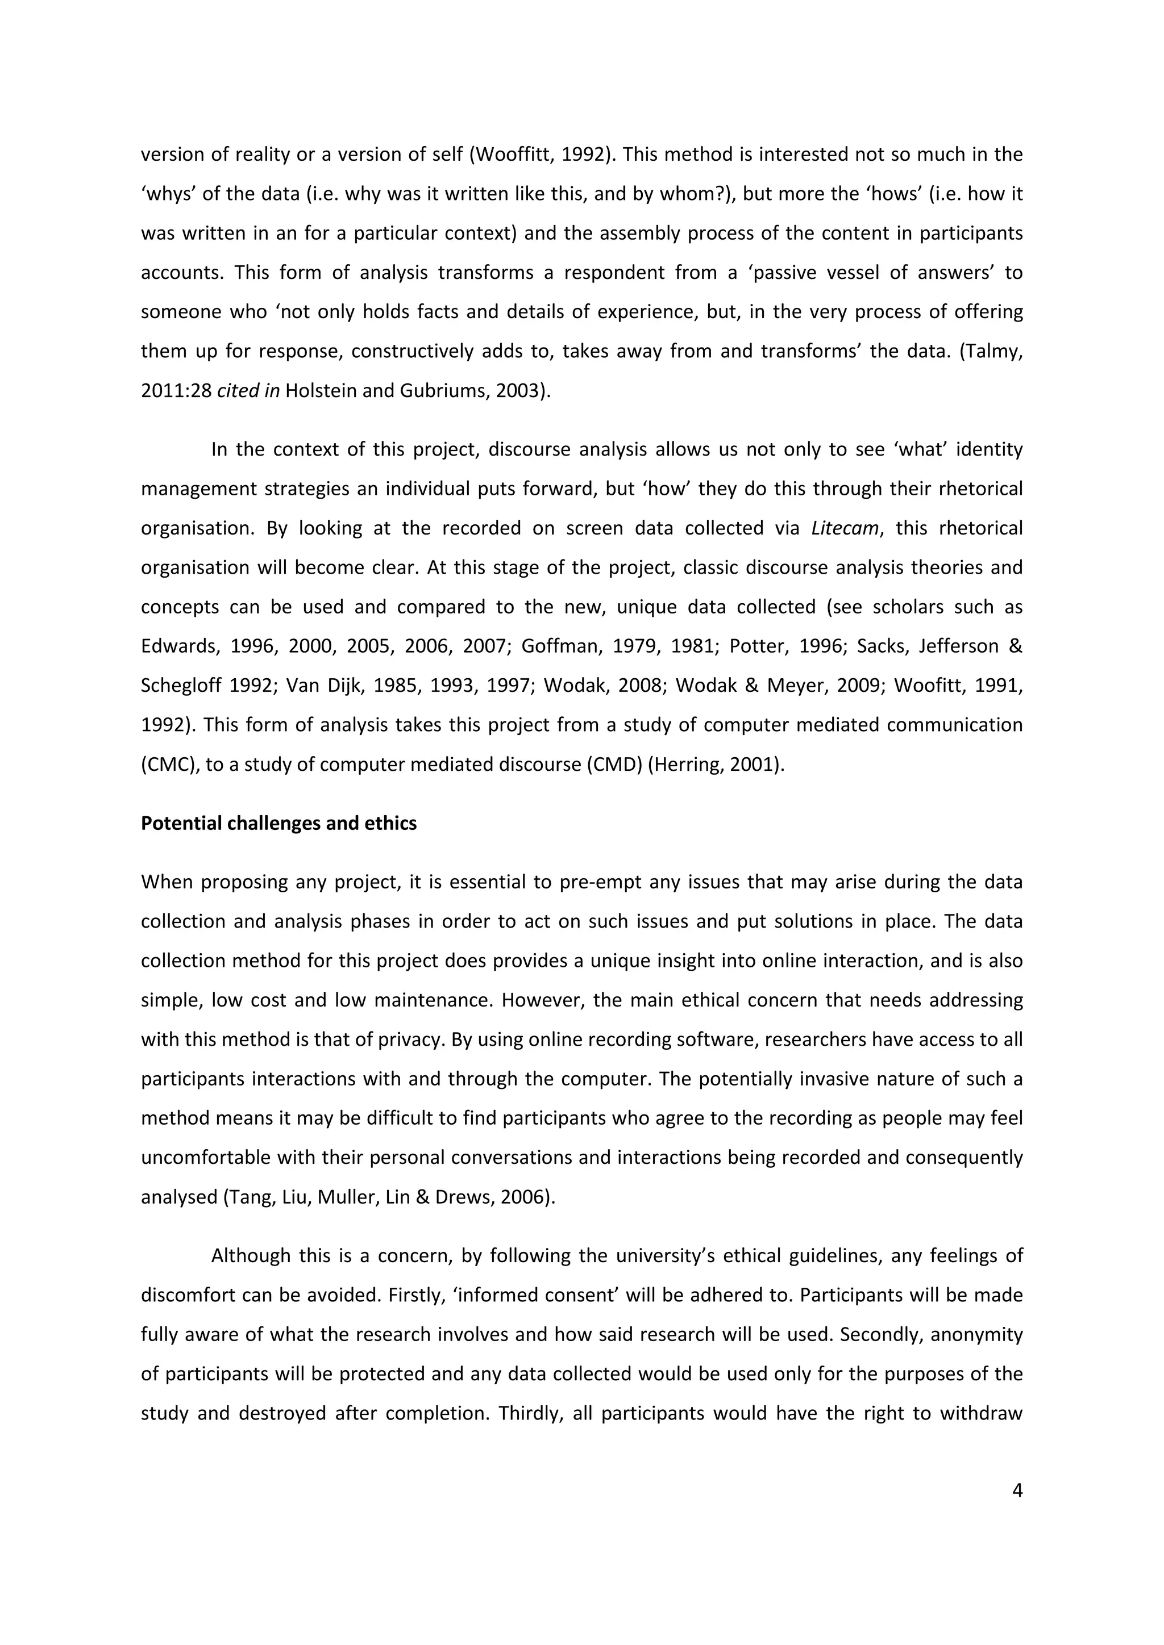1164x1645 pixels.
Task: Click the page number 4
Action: click(x=1016, y=1491)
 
